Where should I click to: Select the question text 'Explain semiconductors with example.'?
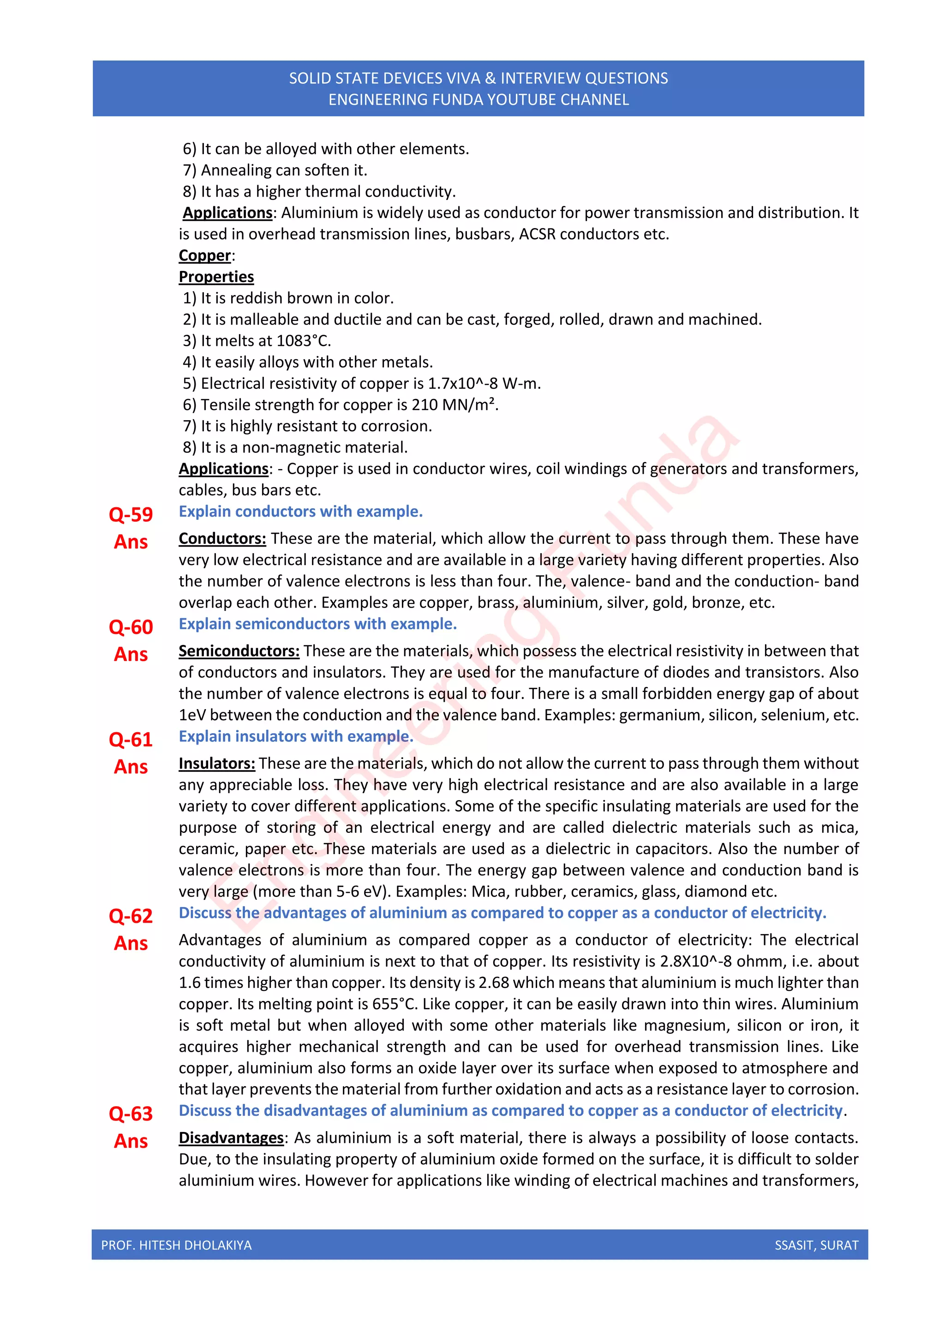[x=318, y=624]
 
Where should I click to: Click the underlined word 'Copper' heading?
[x=205, y=256]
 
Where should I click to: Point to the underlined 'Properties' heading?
[x=216, y=277]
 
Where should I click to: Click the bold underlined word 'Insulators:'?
[x=216, y=764]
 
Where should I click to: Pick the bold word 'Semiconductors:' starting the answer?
[x=239, y=651]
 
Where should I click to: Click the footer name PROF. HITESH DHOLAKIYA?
[x=176, y=1245]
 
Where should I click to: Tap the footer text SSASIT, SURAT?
[x=816, y=1245]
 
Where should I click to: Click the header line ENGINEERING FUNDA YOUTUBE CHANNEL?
[x=478, y=100]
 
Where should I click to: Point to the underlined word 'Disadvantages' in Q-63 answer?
[x=231, y=1138]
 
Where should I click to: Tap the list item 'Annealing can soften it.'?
[x=283, y=170]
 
